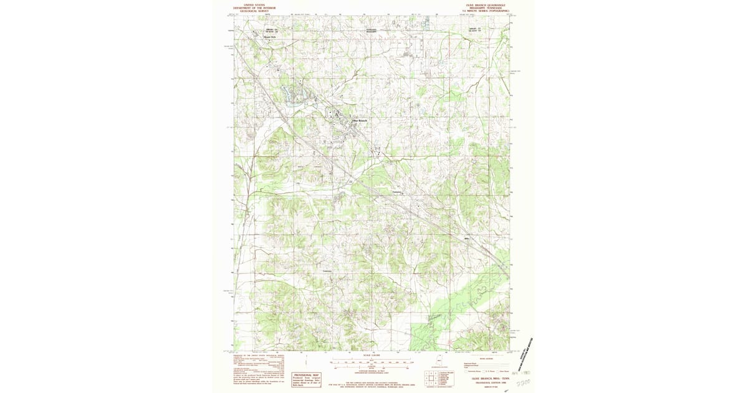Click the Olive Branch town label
[360, 120]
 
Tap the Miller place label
[466, 238]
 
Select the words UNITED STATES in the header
[254, 4]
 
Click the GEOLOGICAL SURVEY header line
[254, 11]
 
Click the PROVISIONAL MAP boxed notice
[306, 377]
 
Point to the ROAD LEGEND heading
[484, 358]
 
